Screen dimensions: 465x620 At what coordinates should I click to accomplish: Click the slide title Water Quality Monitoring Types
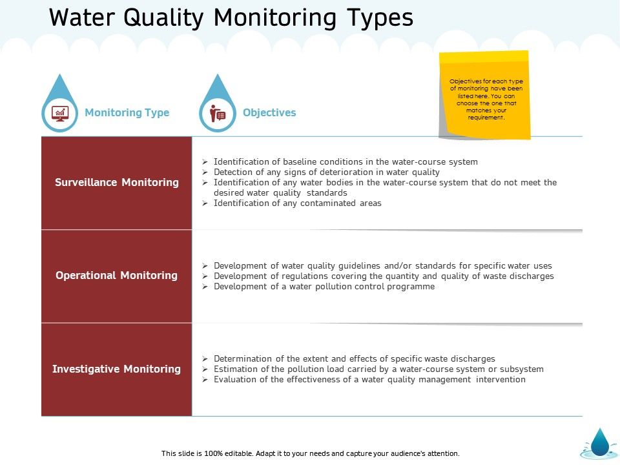(231, 17)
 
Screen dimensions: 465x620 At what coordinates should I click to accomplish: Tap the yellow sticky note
(486, 95)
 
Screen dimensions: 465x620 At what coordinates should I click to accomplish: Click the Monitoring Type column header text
(127, 112)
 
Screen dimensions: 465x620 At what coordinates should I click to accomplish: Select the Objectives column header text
(269, 112)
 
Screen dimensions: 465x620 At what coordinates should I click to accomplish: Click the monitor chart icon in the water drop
(60, 113)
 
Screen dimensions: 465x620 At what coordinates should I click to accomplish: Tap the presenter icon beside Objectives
(218, 113)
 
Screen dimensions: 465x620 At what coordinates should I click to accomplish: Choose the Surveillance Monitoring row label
(117, 182)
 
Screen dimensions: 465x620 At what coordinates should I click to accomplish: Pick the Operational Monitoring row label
(117, 275)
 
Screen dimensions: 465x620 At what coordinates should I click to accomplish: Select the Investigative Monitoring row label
(117, 369)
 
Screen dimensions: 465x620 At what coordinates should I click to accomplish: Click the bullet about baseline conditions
(346, 161)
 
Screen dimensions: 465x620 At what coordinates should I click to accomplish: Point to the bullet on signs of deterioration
(326, 172)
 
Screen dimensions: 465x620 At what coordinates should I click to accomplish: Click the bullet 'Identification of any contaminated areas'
(297, 203)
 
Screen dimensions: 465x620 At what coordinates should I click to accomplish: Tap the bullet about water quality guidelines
(382, 265)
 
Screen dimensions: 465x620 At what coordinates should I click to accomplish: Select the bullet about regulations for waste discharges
(384, 276)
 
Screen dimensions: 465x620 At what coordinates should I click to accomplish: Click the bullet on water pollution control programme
(324, 286)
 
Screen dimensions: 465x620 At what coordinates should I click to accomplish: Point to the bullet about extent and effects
(354, 358)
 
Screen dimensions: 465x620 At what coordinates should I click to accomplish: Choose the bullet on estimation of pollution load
(378, 369)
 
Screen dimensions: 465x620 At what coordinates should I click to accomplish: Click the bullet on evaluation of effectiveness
(369, 379)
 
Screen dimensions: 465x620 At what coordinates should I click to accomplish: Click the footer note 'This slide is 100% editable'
(310, 453)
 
